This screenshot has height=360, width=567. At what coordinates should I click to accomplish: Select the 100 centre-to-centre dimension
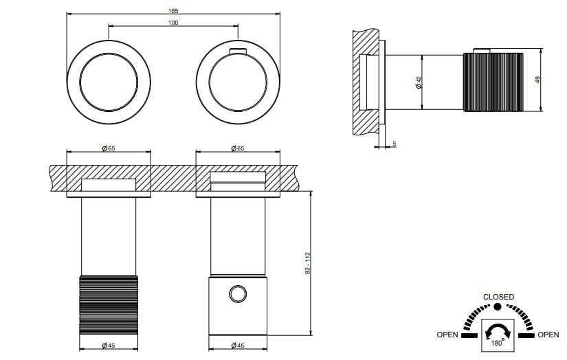click(173, 23)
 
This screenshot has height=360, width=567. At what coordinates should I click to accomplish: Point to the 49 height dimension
click(540, 79)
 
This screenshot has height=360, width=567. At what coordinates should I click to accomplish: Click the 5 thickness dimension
click(394, 144)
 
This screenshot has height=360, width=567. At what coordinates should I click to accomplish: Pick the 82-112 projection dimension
click(309, 263)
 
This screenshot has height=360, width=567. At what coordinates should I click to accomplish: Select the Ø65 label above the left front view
click(108, 148)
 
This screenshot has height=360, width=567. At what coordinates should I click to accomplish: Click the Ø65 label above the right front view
click(238, 148)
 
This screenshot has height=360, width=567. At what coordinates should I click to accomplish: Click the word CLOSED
click(498, 297)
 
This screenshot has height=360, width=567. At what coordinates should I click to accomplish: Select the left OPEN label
click(447, 335)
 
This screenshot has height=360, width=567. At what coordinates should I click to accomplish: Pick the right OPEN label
click(548, 335)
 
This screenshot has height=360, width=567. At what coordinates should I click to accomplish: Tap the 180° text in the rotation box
click(497, 341)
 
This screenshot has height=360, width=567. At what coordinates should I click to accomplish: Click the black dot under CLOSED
click(498, 306)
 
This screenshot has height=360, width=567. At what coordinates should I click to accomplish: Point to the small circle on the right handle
click(238, 294)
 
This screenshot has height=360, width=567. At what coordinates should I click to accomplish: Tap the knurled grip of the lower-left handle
click(109, 304)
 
